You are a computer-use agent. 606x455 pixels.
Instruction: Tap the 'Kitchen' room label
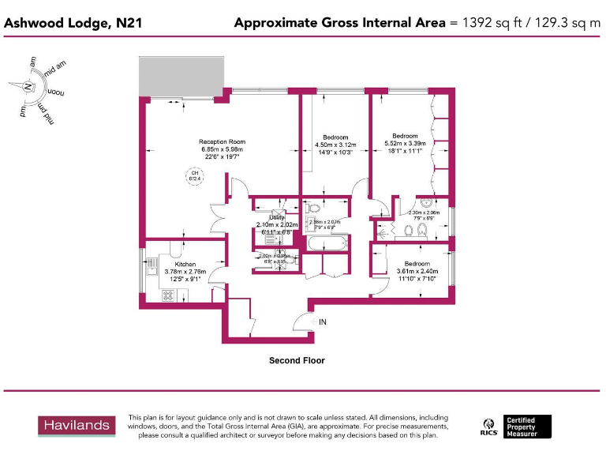point(180,265)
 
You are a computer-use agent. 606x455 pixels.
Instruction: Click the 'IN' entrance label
point(323,322)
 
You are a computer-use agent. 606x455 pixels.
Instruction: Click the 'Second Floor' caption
point(297,360)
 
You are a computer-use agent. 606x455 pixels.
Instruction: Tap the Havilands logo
point(77,426)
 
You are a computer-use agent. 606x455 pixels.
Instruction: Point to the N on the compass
point(28,86)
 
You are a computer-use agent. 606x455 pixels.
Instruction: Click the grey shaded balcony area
point(181,77)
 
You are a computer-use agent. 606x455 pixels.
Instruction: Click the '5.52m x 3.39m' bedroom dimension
point(405,143)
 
